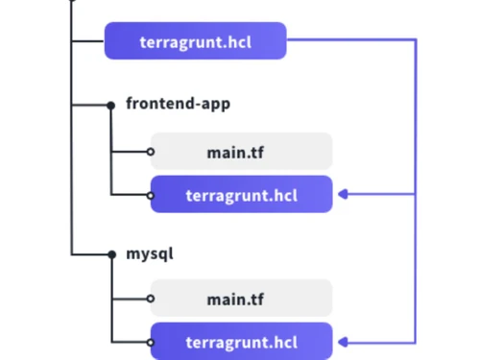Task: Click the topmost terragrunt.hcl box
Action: tap(195, 41)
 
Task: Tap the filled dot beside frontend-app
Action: tap(112, 104)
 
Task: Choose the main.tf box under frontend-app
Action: tap(241, 151)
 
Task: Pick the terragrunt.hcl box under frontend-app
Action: tap(241, 195)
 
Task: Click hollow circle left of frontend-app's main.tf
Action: tap(150, 152)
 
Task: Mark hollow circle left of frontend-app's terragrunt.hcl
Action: tap(150, 195)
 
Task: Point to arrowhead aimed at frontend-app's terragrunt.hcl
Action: tap(344, 195)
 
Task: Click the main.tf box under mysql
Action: tap(241, 299)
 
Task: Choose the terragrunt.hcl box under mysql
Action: tap(241, 342)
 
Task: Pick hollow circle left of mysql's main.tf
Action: tap(150, 299)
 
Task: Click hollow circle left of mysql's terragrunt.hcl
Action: tap(150, 342)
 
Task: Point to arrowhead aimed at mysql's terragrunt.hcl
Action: tap(344, 342)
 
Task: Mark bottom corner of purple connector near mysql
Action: tap(416, 341)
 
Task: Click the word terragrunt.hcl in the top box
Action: tap(195, 41)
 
